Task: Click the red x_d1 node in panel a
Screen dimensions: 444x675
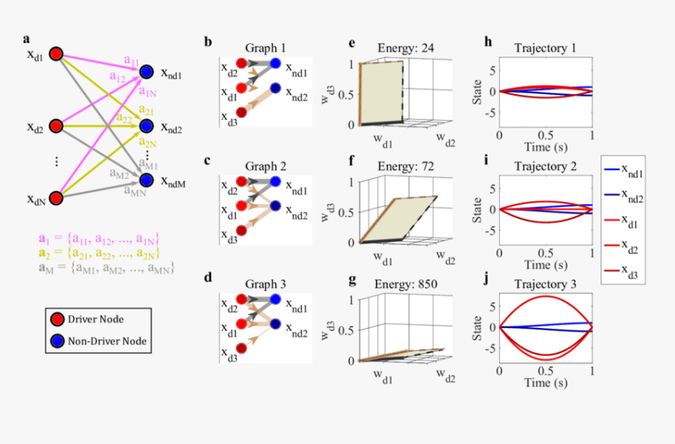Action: coord(56,54)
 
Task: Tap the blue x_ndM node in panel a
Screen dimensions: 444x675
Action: coord(147,180)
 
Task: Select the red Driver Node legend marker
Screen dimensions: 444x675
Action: coord(57,319)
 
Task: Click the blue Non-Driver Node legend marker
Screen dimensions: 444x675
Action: coord(57,341)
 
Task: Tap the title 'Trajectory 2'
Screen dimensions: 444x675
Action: coord(545,166)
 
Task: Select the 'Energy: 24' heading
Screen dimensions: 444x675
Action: coord(395,49)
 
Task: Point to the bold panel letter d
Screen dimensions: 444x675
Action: coord(208,277)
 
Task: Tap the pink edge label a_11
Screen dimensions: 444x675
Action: coord(131,60)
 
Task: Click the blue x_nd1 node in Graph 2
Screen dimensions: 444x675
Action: coord(275,180)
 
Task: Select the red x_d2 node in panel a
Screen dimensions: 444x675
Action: coord(56,126)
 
